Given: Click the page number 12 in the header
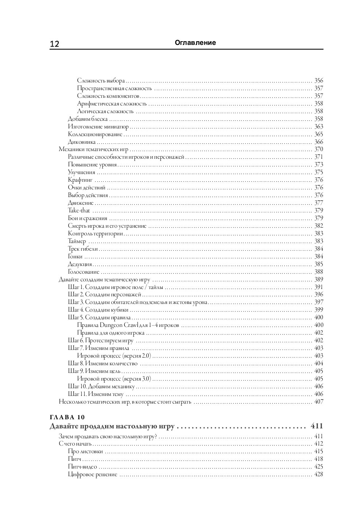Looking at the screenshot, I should tap(54, 44).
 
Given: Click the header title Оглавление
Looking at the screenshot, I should tap(195, 43).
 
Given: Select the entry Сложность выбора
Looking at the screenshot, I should tap(101, 81).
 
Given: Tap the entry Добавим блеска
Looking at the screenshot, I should tap(88, 119).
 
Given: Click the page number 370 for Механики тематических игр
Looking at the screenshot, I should tap(318, 149).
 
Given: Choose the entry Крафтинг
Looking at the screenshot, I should tap(80, 180).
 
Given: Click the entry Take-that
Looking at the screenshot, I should tap(79, 211).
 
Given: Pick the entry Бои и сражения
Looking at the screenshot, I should tap(88, 218).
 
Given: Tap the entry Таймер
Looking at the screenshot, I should tap(77, 241).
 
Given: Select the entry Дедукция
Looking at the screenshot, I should tap(80, 264).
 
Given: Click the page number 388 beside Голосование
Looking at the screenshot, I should tap(318, 272).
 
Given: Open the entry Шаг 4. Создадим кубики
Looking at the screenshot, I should tap(98, 310).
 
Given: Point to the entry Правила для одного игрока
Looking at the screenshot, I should tap(111, 333).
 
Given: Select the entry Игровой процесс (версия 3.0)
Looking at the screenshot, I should tap(114, 379).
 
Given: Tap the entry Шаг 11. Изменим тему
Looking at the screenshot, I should tap(96, 394).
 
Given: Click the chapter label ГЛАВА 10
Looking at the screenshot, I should tap(67, 417).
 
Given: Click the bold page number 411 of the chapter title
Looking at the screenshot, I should tap(316, 426).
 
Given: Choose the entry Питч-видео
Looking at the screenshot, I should tap(82, 467).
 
